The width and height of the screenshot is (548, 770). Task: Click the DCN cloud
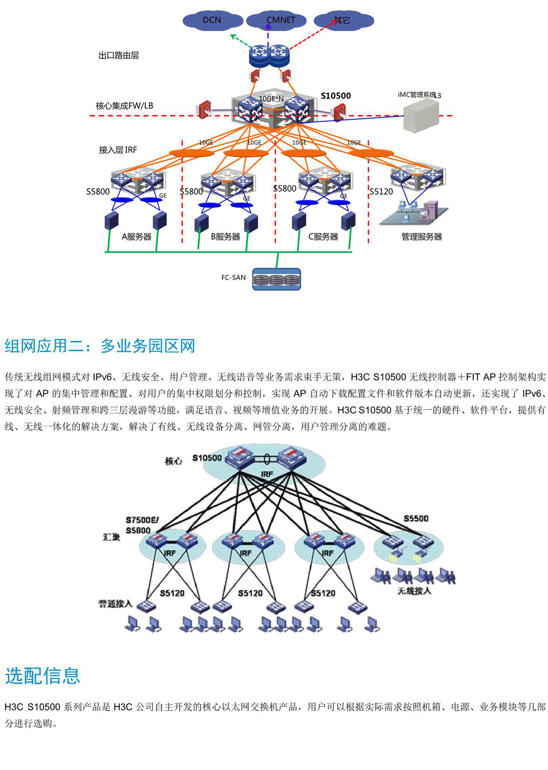click(212, 21)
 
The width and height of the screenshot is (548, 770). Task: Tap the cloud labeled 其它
click(343, 21)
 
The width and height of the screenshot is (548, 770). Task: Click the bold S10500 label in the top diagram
click(336, 96)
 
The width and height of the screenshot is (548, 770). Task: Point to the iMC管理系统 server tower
click(421, 116)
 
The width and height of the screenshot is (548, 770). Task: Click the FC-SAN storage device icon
click(277, 280)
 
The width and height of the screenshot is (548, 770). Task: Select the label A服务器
click(136, 237)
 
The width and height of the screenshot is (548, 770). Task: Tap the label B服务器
click(225, 237)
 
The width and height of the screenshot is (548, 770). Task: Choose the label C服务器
click(323, 237)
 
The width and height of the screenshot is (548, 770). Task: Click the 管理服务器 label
click(422, 237)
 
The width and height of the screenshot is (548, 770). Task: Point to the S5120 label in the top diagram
click(381, 192)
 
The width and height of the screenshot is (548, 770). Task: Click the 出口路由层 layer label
click(119, 56)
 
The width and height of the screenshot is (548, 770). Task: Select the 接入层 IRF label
click(118, 150)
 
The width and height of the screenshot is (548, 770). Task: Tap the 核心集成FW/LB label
click(124, 106)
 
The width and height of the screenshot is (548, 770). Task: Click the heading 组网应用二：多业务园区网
click(100, 346)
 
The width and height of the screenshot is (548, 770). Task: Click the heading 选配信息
click(42, 676)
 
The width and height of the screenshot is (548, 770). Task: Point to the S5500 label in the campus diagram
click(416, 518)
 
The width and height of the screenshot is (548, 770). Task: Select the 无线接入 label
click(414, 591)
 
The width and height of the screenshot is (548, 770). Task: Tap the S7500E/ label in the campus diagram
click(142, 520)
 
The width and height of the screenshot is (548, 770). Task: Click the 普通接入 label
click(115, 604)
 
